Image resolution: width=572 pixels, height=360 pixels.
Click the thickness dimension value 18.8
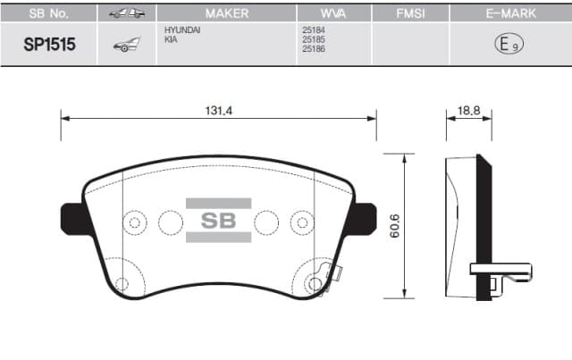[469, 109]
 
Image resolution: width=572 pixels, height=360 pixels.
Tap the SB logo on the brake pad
[218, 221]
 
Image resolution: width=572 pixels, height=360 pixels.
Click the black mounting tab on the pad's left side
[71, 217]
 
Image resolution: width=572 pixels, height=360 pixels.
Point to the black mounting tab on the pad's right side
[364, 217]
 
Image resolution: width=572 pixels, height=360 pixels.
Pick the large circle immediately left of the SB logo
[170, 221]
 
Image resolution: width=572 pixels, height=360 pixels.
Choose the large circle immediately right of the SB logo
[266, 221]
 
